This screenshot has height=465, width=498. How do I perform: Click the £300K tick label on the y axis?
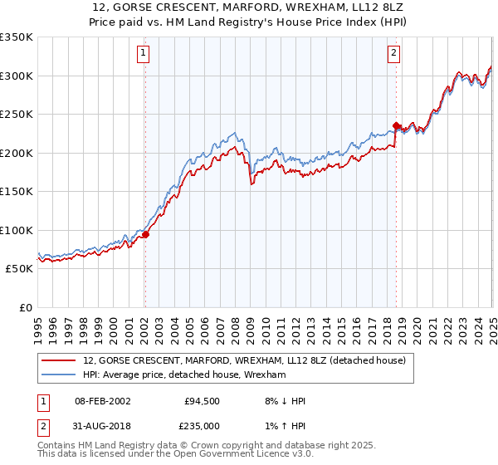pyautogui.click(x=17, y=76)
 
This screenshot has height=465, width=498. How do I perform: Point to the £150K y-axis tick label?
pyautogui.click(x=17, y=191)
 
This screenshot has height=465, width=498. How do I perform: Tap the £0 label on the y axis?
pyautogui.click(x=27, y=307)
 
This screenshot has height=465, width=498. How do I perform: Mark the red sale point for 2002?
pyautogui.click(x=145, y=234)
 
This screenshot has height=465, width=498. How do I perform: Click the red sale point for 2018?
pyautogui.click(x=396, y=125)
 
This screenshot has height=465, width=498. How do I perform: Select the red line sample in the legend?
pyautogui.click(x=58, y=360)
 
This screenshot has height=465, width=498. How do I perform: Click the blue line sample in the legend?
pyautogui.click(x=58, y=375)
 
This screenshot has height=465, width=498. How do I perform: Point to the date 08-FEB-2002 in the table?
pyautogui.click(x=102, y=401)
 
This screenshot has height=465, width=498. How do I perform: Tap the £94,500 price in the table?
pyautogui.click(x=202, y=401)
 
